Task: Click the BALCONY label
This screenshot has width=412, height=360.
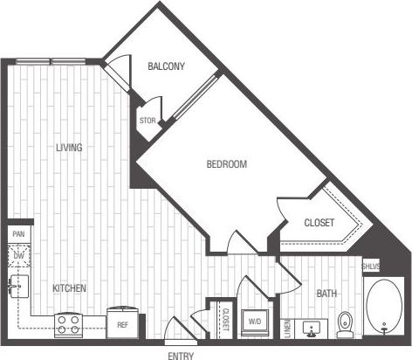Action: [165, 67]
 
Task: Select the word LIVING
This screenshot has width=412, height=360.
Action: [68, 148]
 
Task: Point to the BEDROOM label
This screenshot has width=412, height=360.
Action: [226, 164]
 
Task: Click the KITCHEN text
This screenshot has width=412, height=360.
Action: [68, 287]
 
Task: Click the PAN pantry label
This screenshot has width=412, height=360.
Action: [18, 234]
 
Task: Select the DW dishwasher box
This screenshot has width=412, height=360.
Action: [18, 256]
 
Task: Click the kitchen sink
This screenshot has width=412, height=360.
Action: [18, 287]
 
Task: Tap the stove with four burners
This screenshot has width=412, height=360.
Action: [69, 325]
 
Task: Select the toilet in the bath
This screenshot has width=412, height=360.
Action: [344, 322]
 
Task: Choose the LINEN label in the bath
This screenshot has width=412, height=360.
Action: [286, 327]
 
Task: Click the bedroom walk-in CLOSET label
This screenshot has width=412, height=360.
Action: [319, 223]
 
